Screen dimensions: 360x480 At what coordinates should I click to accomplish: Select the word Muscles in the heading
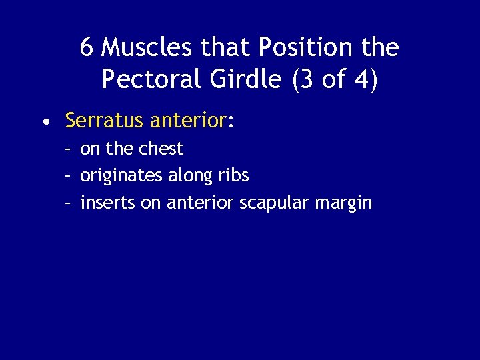(x=143, y=47)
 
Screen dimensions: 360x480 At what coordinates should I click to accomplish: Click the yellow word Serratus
(x=105, y=121)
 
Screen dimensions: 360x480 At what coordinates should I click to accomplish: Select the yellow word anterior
(x=189, y=121)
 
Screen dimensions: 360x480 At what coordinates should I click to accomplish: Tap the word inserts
(x=107, y=203)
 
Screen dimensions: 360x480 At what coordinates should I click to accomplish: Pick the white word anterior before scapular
(x=199, y=203)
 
